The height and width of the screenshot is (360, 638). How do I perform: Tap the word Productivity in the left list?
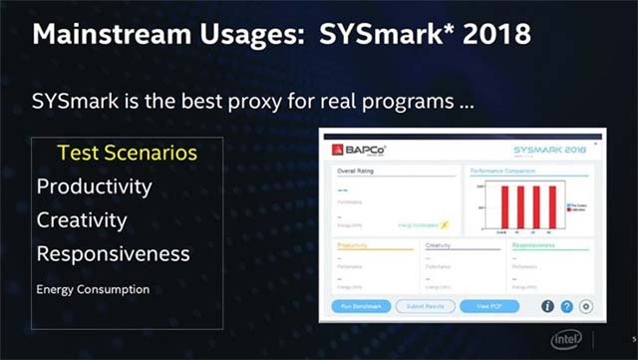[94, 186]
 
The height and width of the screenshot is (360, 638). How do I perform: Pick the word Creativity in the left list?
[82, 219]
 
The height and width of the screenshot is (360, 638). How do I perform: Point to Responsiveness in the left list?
[113, 253]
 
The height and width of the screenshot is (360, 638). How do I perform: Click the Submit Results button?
[425, 305]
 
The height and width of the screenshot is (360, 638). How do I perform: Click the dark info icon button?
[547, 306]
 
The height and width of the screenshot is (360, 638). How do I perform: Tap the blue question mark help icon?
[566, 306]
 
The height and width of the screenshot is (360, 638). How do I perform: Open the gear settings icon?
[585, 306]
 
